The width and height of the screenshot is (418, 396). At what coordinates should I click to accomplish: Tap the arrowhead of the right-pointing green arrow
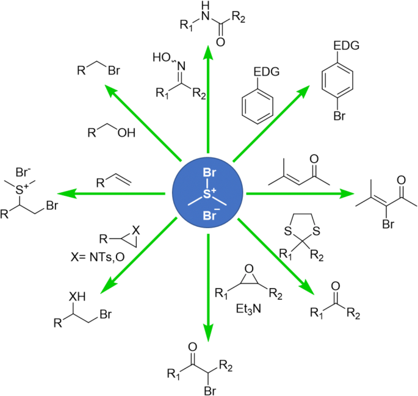[x=348, y=194]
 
